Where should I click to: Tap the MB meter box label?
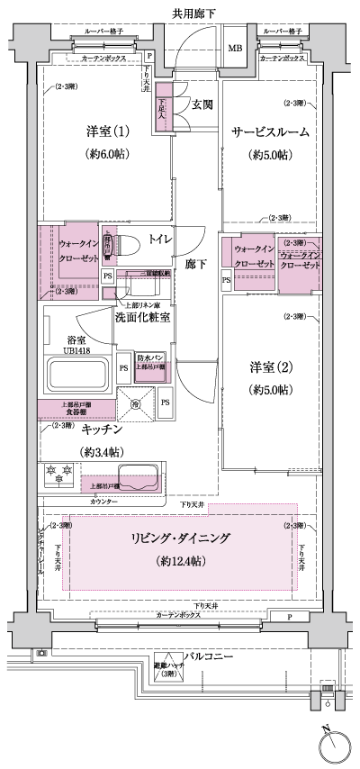[234, 49]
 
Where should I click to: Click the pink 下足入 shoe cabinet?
[162, 109]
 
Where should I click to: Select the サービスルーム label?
[270, 131]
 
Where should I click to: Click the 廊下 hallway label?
[196, 266]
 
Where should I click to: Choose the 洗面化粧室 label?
[144, 317]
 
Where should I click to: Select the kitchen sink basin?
[134, 475]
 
